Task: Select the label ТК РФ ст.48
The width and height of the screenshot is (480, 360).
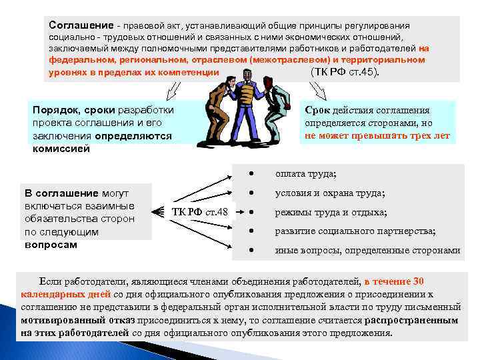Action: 200,212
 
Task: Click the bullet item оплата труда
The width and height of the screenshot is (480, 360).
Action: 305,175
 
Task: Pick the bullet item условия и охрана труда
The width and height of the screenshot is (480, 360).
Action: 330,193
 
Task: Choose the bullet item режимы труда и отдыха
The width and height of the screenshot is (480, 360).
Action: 331,213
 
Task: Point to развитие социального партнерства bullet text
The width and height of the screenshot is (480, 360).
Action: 355,231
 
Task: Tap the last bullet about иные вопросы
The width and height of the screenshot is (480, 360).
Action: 367,251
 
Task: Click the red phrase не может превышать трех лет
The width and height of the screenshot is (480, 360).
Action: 377,135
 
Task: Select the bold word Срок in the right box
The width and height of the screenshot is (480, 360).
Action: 319,111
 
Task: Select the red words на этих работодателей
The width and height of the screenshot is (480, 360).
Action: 75,333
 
